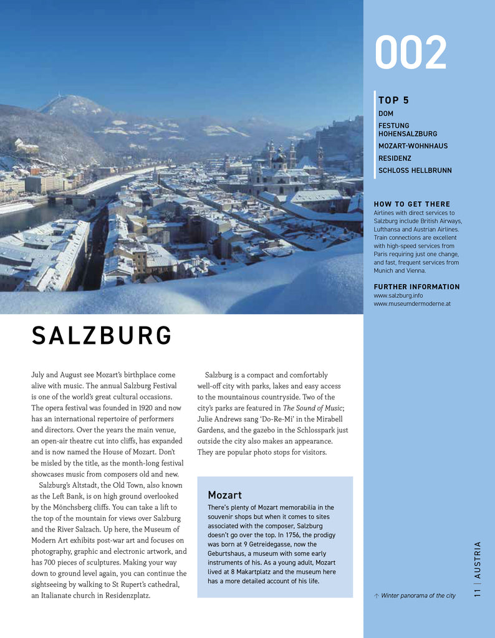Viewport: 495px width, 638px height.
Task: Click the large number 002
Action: click(x=410, y=53)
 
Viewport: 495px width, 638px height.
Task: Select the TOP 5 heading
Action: click(x=393, y=100)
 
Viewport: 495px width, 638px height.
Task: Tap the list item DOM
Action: click(x=386, y=114)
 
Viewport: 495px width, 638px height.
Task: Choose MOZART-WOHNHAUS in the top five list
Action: click(x=413, y=146)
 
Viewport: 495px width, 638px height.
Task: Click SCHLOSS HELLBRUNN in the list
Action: click(x=415, y=171)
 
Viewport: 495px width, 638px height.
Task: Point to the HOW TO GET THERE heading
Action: click(x=411, y=204)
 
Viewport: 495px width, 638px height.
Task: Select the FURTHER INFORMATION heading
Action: click(x=416, y=287)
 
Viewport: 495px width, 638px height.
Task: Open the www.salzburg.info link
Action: click(x=398, y=295)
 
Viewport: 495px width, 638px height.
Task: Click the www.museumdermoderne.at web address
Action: click(x=412, y=303)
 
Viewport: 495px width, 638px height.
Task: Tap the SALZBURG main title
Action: click(x=102, y=336)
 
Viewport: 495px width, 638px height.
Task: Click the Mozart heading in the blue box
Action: click(x=224, y=495)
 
